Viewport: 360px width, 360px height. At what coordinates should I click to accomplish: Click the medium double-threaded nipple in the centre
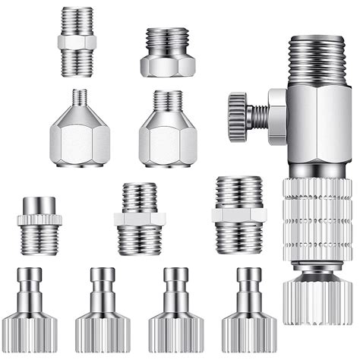[139, 219]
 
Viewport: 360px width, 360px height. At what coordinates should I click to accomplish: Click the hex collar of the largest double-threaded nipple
[238, 216]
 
